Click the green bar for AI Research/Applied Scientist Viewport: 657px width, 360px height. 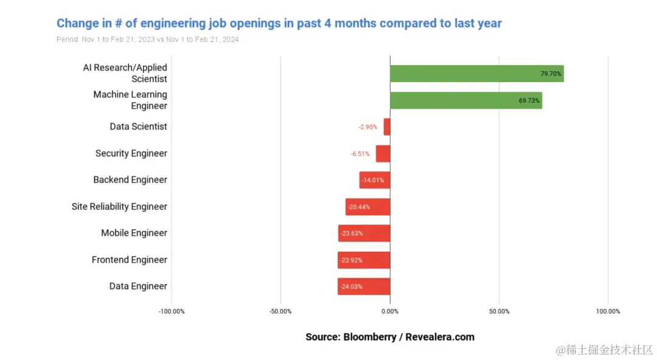[476, 74]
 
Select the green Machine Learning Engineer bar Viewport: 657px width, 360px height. [465, 100]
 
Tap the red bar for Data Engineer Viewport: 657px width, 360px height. [364, 286]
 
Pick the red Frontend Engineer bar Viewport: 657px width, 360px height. [364, 260]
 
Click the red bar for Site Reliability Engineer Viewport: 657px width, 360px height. [367, 207]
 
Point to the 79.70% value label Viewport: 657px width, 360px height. [551, 74]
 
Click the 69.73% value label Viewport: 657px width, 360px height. [529, 100]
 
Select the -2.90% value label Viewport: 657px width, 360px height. [367, 127]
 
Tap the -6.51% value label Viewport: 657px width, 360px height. [360, 154]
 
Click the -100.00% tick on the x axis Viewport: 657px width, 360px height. [171, 311]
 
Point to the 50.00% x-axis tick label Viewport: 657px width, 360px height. [499, 311]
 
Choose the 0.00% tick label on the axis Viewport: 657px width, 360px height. [389, 311]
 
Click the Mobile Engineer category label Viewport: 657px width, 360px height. [134, 233]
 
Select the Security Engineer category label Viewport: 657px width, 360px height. [131, 153]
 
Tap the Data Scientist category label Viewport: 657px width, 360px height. [138, 126]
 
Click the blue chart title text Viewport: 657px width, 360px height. [279, 24]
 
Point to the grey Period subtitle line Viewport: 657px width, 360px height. [147, 40]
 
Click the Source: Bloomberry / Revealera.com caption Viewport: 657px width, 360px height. [389, 337]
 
